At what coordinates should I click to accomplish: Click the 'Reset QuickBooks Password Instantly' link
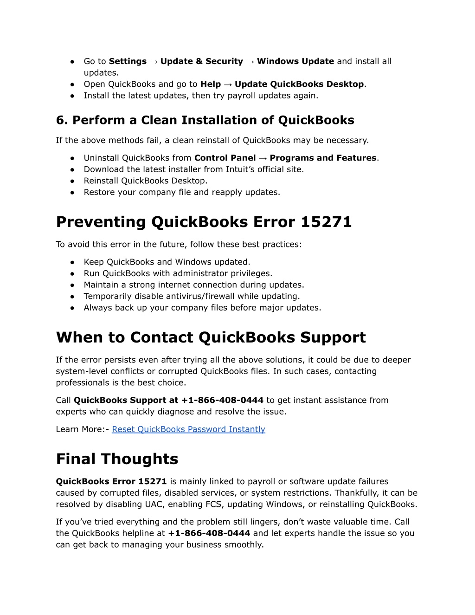pos(188,429)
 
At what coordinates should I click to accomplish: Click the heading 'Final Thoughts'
pos(117,459)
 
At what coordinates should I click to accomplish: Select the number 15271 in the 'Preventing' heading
pos(326,222)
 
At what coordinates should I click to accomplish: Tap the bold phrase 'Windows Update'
pos(295,61)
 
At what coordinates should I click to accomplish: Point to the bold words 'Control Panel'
pos(225,158)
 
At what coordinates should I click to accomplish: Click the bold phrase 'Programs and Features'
pos(323,158)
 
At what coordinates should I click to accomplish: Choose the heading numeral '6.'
pos(62,120)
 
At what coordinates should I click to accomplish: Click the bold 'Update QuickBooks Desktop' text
pos(299,84)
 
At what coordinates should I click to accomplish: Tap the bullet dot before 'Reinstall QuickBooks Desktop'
pos(73,181)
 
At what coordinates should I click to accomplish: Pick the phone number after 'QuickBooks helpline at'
pos(209,533)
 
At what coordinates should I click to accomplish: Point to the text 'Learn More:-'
pos(82,429)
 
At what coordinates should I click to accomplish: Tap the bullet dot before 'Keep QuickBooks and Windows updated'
pos(73,262)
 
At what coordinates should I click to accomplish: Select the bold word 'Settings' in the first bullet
pos(128,61)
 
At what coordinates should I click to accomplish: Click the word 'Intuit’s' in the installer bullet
pos(243,169)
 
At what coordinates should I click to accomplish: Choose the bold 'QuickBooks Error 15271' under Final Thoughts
pos(111,482)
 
